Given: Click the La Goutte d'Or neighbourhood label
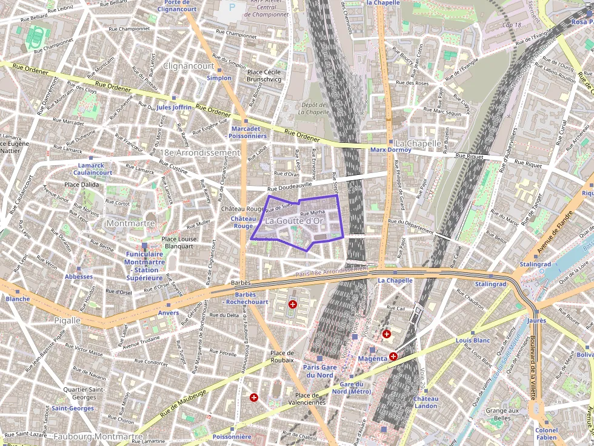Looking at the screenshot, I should (296, 222).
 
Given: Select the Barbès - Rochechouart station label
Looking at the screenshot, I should (246, 298).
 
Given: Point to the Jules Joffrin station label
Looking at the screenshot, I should (174, 107).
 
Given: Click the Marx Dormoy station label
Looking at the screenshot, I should (391, 149).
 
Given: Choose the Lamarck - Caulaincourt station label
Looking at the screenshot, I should (95, 169).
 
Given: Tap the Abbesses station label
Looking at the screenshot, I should (79, 277).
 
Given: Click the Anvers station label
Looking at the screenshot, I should (168, 313).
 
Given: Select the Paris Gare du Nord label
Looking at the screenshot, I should (319, 371).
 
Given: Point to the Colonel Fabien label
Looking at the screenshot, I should (546, 434).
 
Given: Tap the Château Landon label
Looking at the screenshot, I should (425, 402).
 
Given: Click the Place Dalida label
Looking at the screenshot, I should (81, 185).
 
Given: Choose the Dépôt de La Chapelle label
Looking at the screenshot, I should (315, 108).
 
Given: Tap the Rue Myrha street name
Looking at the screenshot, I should (313, 212).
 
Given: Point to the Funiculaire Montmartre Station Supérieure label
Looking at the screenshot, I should (144, 266).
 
